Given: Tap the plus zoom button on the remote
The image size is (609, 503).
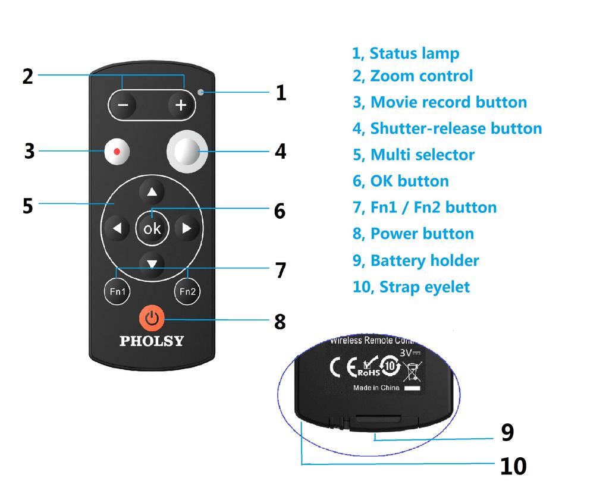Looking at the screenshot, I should click(181, 105).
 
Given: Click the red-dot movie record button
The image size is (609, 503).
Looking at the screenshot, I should click(117, 152).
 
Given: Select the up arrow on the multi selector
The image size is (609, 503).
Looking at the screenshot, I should click(152, 192).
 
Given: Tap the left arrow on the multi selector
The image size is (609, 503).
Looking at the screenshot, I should click(117, 228).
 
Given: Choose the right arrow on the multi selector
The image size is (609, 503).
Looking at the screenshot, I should click(187, 228).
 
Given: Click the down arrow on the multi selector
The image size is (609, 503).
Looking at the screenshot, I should click(152, 263).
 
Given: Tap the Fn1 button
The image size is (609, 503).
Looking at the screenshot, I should click(117, 291).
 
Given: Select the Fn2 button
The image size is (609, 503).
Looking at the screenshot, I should click(187, 291).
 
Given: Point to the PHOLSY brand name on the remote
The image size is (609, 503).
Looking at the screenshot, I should click(152, 341).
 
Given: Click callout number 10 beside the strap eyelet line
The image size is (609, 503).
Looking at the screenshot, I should click(513, 466).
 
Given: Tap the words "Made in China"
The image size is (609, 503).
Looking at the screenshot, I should click(376, 388).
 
